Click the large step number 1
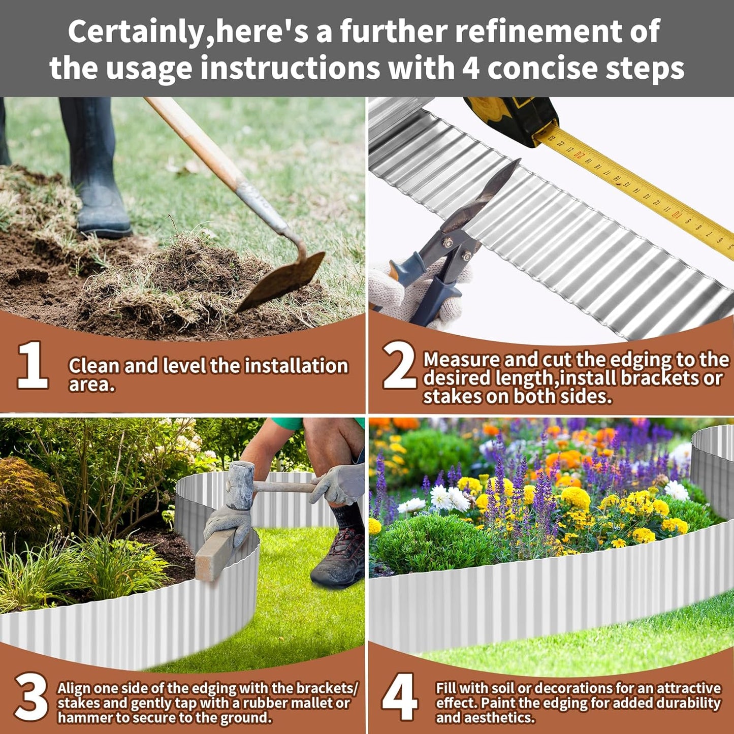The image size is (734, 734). [x=33, y=366]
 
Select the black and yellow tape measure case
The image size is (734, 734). [x=513, y=119]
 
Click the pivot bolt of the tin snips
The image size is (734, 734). [x=448, y=243]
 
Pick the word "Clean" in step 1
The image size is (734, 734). [x=93, y=366]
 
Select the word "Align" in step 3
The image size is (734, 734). [x=74, y=688]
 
